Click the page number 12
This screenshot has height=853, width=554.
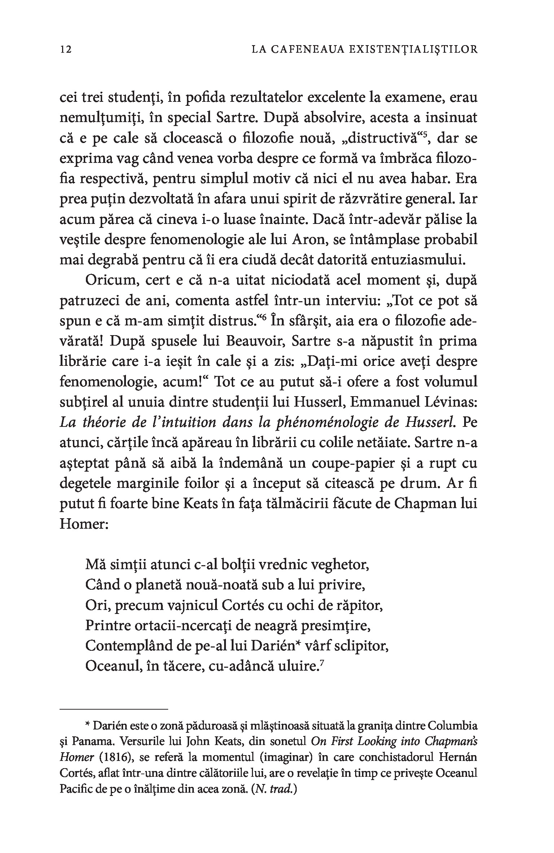coord(66,49)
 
